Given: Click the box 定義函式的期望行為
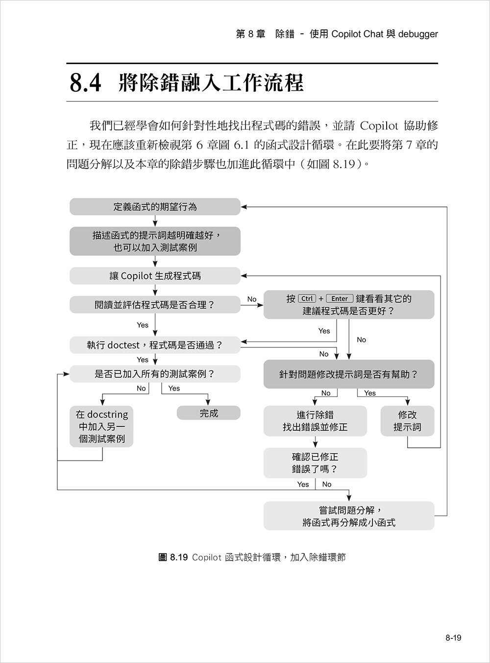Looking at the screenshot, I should click(x=155, y=207).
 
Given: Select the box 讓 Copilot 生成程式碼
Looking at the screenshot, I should click(x=155, y=276).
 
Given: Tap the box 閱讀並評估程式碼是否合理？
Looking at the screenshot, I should click(x=155, y=305).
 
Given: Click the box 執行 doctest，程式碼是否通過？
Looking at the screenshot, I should click(x=155, y=345).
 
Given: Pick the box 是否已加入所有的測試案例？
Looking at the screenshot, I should click(x=155, y=374).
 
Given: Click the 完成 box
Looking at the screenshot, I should click(x=209, y=413).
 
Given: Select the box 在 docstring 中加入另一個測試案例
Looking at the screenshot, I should click(x=101, y=426).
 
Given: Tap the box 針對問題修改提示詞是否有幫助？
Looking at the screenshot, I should click(x=348, y=374).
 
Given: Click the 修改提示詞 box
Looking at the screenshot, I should click(x=407, y=421).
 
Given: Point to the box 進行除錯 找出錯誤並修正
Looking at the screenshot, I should click(x=315, y=421).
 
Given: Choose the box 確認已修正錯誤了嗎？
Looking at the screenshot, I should click(x=315, y=463).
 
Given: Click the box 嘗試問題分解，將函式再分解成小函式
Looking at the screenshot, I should click(x=348, y=516).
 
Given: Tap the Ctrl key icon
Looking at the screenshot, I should click(x=307, y=298).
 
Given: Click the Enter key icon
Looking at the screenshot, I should click(x=340, y=298).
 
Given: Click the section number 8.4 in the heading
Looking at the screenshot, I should click(x=85, y=83).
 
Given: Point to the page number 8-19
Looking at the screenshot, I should click(x=453, y=638).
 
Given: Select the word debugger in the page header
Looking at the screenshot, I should click(x=418, y=34).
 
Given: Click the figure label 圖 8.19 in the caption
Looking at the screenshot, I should click(x=173, y=557).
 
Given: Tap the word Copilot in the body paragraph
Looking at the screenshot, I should click(x=379, y=126).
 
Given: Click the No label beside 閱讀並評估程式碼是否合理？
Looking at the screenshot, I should click(x=252, y=299).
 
